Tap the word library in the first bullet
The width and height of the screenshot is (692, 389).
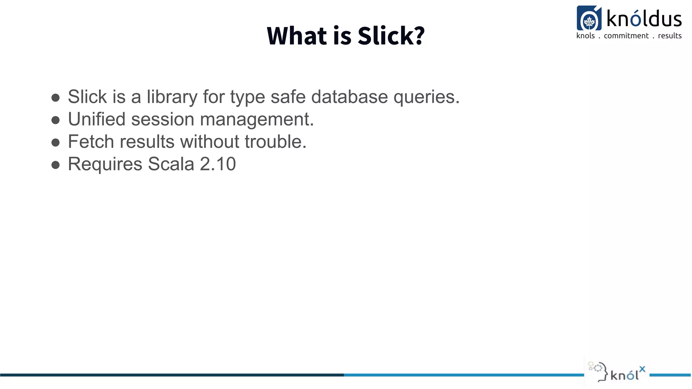[x=172, y=97]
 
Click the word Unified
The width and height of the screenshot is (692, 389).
[x=97, y=119]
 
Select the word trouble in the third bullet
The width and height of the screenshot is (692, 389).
[x=275, y=141]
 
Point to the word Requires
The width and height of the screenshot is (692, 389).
[x=105, y=164]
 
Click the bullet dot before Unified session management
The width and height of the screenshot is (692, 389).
[x=55, y=120]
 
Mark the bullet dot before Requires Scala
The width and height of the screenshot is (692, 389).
[x=55, y=165]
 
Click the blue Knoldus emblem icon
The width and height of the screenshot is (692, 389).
[x=589, y=19]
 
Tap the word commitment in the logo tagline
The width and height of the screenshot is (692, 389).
[x=626, y=36]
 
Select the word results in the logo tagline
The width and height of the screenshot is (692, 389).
[x=670, y=36]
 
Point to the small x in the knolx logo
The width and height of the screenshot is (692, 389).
[x=642, y=369]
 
